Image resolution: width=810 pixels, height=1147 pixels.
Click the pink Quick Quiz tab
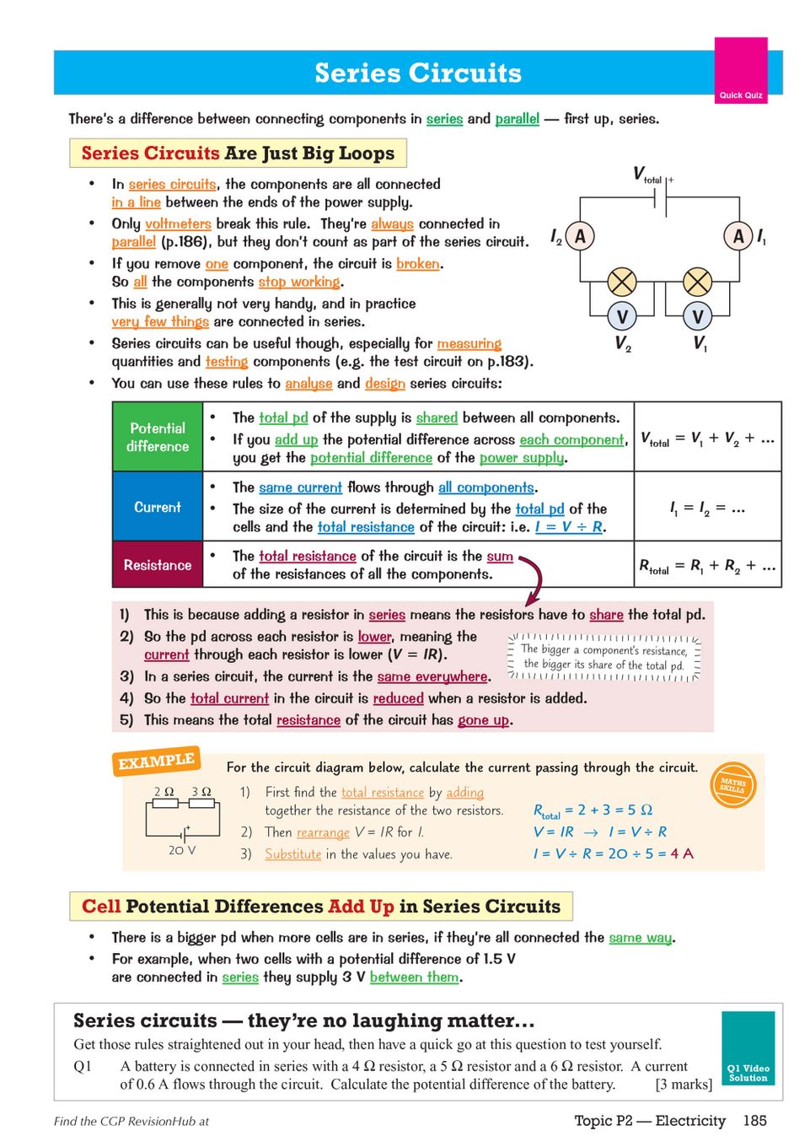click(x=740, y=71)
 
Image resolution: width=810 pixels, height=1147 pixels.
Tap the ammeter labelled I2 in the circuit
click(x=580, y=236)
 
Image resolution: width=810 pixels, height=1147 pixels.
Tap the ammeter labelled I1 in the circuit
click(x=738, y=236)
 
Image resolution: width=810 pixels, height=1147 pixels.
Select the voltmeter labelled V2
click(x=622, y=317)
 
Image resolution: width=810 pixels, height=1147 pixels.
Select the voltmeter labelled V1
click(x=698, y=317)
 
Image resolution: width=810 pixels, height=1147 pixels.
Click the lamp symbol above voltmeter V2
click(x=622, y=281)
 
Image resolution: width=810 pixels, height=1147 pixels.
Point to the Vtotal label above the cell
click(x=646, y=175)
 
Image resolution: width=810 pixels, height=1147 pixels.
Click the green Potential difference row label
click(x=158, y=437)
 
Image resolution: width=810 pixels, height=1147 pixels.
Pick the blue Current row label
click(x=158, y=507)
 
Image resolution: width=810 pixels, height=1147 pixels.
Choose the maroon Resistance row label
click(x=158, y=565)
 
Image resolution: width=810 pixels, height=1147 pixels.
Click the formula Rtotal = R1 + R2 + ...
click(x=707, y=566)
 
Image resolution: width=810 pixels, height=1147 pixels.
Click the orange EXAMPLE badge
click(x=156, y=761)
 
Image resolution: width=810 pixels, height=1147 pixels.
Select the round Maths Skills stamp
click(x=732, y=784)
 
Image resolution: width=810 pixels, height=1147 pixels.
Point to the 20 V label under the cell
click(x=181, y=850)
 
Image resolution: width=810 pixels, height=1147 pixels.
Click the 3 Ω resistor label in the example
click(x=201, y=792)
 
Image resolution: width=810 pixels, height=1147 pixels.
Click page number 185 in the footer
click(x=754, y=1120)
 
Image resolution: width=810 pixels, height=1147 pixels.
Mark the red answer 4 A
click(x=682, y=854)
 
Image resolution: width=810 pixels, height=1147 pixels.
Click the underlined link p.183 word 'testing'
click(x=227, y=362)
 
